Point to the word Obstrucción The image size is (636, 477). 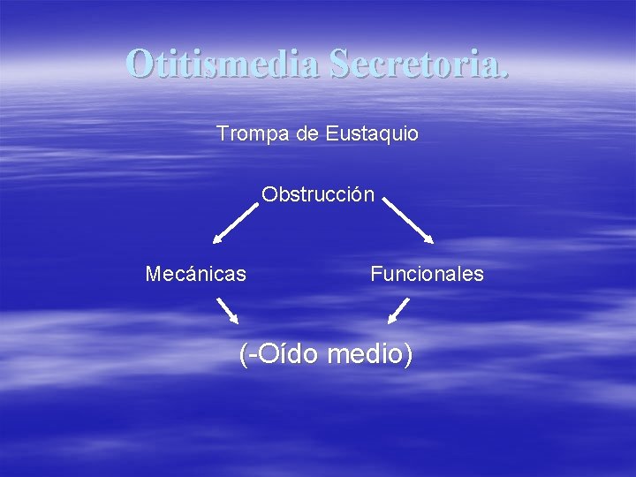coord(318,193)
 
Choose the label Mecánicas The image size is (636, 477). coord(195,274)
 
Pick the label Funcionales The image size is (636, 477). coord(427,274)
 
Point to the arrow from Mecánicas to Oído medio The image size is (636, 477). coord(229,310)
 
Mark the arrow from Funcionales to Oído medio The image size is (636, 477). coord(399,310)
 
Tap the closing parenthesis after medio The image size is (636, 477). coord(407,354)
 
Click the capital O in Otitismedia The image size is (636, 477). coord(139,63)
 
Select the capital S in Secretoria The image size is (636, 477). coord(341,63)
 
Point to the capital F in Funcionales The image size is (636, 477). coord(375,274)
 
